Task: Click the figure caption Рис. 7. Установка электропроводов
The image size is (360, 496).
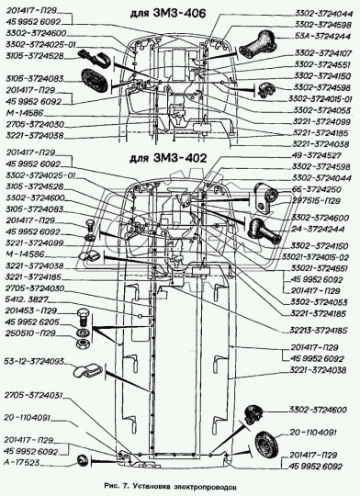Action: click(180, 484)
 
